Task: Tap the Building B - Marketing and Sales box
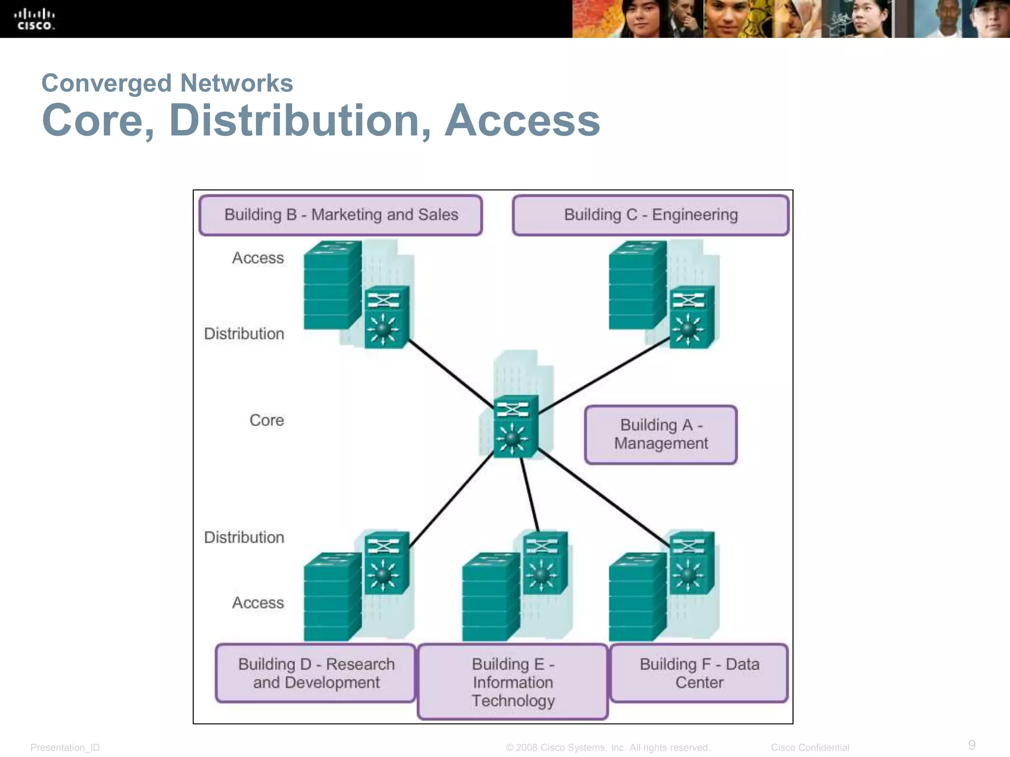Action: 341,215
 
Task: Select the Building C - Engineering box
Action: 650,215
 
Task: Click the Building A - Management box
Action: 661,434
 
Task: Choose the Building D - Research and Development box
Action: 316,673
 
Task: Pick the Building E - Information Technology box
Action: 512,682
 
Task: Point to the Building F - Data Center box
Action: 699,673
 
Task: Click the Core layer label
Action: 266,420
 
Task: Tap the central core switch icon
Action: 515,426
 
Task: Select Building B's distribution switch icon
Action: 386,317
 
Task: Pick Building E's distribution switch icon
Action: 544,562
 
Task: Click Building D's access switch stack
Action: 331,597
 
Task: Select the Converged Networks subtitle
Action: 167,83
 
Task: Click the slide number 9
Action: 972,745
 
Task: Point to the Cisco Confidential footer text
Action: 810,748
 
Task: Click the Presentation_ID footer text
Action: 65,748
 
